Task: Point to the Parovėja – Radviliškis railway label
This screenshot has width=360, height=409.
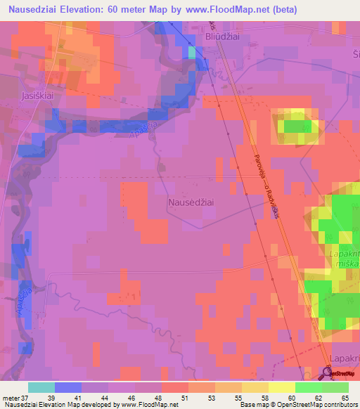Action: click(265, 186)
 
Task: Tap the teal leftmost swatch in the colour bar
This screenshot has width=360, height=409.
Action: click(41, 387)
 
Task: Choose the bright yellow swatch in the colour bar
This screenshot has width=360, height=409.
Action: click(281, 387)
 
